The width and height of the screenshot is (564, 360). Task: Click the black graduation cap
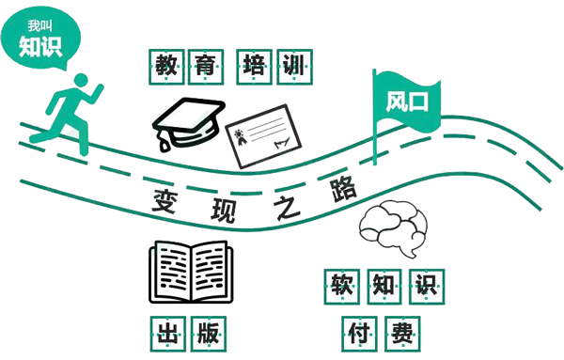(x=188, y=120)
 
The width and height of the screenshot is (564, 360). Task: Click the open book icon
(x=188, y=273)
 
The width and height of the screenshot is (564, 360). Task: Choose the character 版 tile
(x=209, y=332)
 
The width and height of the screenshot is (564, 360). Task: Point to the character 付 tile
(x=359, y=332)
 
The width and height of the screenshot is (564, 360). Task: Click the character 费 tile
(x=403, y=332)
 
